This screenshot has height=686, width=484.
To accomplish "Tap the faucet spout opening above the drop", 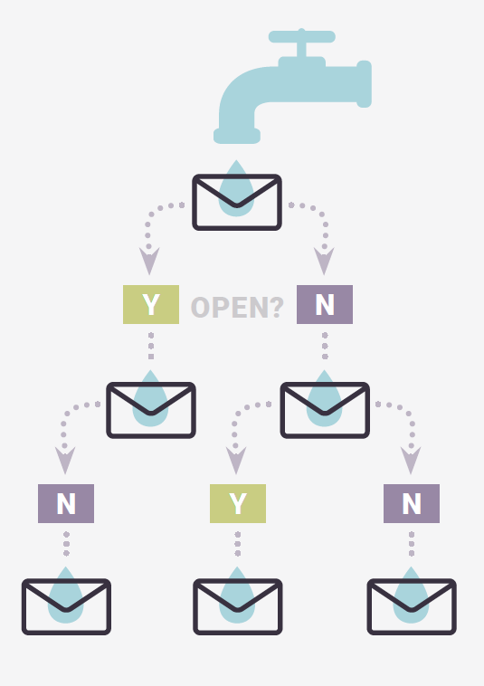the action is click(237, 136).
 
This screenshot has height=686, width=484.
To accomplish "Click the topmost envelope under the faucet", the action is click(237, 202).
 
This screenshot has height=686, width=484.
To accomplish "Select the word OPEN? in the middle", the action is click(237, 307).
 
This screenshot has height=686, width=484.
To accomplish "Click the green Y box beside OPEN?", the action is click(151, 304).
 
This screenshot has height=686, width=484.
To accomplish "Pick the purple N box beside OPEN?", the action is click(325, 304).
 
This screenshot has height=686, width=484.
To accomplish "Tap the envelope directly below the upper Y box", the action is click(151, 410).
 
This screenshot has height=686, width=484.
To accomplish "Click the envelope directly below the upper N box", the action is click(325, 410).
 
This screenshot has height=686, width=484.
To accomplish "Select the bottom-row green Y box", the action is click(238, 503).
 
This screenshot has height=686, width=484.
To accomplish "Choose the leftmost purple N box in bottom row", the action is click(66, 503).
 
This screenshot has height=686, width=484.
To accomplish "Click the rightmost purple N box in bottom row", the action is click(412, 503).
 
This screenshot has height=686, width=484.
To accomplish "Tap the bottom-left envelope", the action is click(66, 606).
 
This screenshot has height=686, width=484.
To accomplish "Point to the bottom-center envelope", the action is click(238, 606).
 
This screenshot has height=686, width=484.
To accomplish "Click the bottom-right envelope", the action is click(412, 606).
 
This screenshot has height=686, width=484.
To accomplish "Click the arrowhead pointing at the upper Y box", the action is click(149, 261).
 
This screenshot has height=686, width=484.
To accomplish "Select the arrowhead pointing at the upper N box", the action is click(324, 261).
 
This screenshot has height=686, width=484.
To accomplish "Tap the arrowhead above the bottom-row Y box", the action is click(236, 461).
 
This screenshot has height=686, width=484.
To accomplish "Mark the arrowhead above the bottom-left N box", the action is click(65, 461).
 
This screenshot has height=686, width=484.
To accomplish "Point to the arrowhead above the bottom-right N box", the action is click(411, 461).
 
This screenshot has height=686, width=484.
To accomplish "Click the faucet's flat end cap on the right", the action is click(365, 84).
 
